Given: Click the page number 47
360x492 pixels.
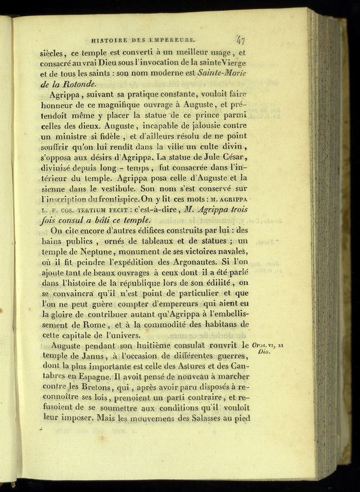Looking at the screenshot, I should click(x=241, y=41).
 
